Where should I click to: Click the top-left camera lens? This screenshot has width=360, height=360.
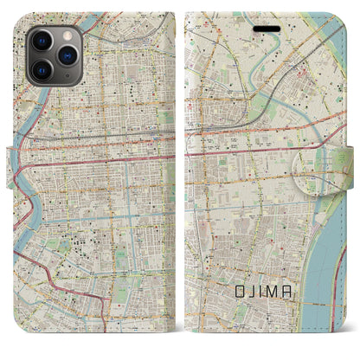(x=41, y=42)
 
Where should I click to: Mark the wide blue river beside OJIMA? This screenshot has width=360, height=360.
(x=328, y=260)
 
